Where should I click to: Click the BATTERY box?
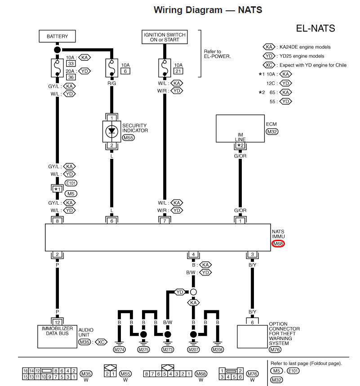pos(57,36)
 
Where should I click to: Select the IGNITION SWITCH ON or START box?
pos(164,37)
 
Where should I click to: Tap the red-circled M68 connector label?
pos(278,244)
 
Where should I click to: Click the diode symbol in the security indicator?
pos(111,131)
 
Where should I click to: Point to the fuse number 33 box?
pos(71,63)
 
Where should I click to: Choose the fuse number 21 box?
pos(178,71)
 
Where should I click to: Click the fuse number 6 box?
pos(125,71)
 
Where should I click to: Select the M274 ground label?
pos(119,350)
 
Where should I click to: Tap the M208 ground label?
pos(218,350)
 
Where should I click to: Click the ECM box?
pos(240,129)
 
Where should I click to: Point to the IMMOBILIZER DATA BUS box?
pos(57,337)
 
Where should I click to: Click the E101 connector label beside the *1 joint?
pos(71,183)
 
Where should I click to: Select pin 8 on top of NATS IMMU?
pos(57,221)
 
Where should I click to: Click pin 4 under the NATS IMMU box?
pos(193,254)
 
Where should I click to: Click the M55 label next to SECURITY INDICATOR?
pos(129,138)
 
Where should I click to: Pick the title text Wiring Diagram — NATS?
pos(208,10)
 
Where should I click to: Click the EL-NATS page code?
pos(316,28)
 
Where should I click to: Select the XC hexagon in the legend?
pos(269,65)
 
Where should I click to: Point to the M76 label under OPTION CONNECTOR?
pos(275,349)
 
